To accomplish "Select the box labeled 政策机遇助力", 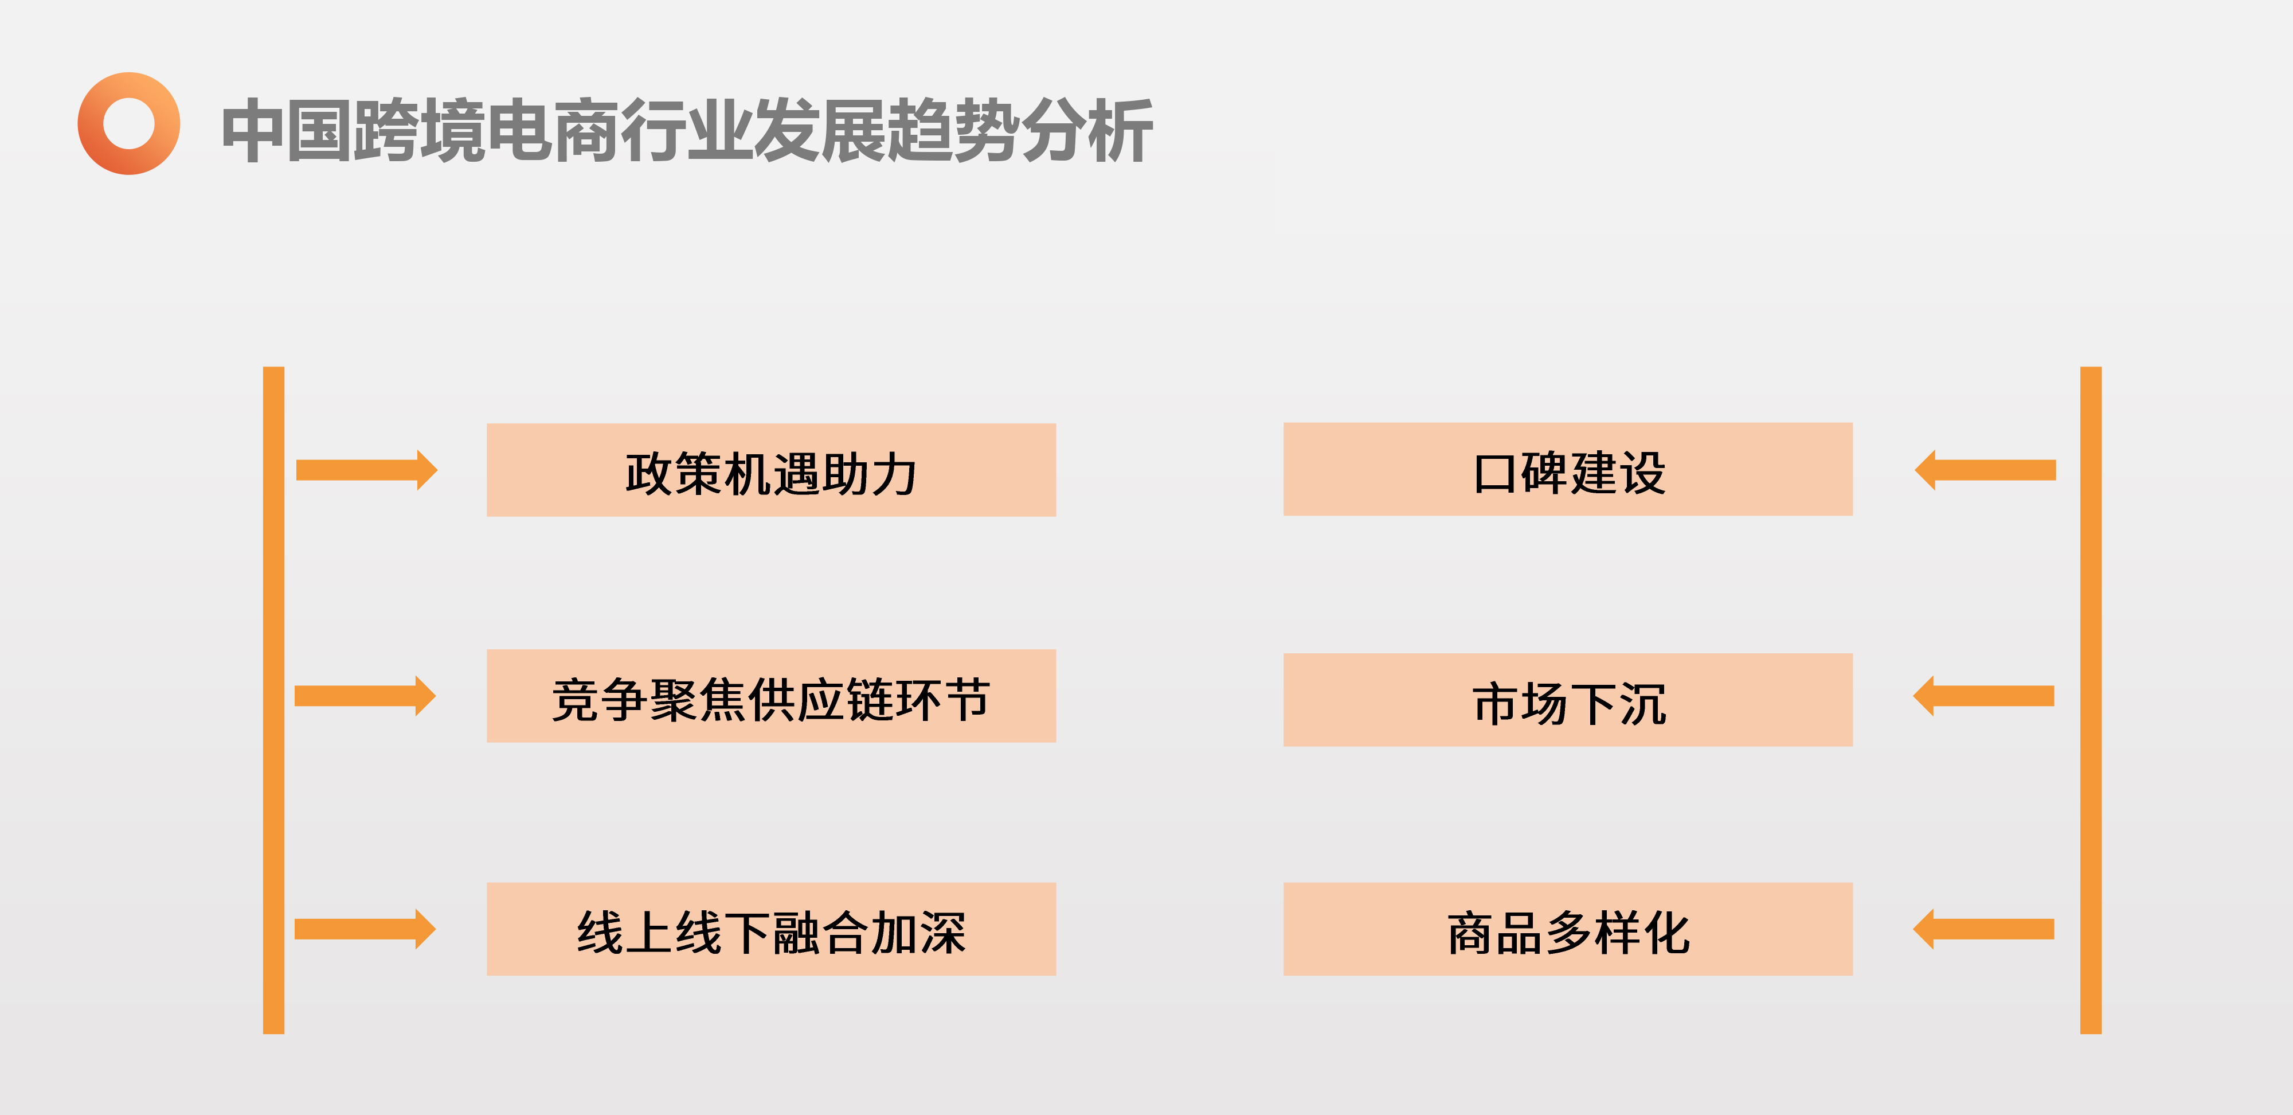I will pyautogui.click(x=771, y=470).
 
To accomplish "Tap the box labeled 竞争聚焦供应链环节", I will pyautogui.click(x=771, y=696).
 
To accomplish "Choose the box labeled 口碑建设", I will pyautogui.click(x=1567, y=469).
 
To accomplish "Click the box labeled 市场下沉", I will pyautogui.click(x=1567, y=700).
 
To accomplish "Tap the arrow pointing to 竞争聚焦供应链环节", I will pyautogui.click(x=365, y=696).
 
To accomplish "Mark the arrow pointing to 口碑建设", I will pyautogui.click(x=1985, y=470).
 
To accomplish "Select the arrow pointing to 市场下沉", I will pyautogui.click(x=1983, y=696).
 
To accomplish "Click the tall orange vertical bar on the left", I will pyautogui.click(x=273, y=700).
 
